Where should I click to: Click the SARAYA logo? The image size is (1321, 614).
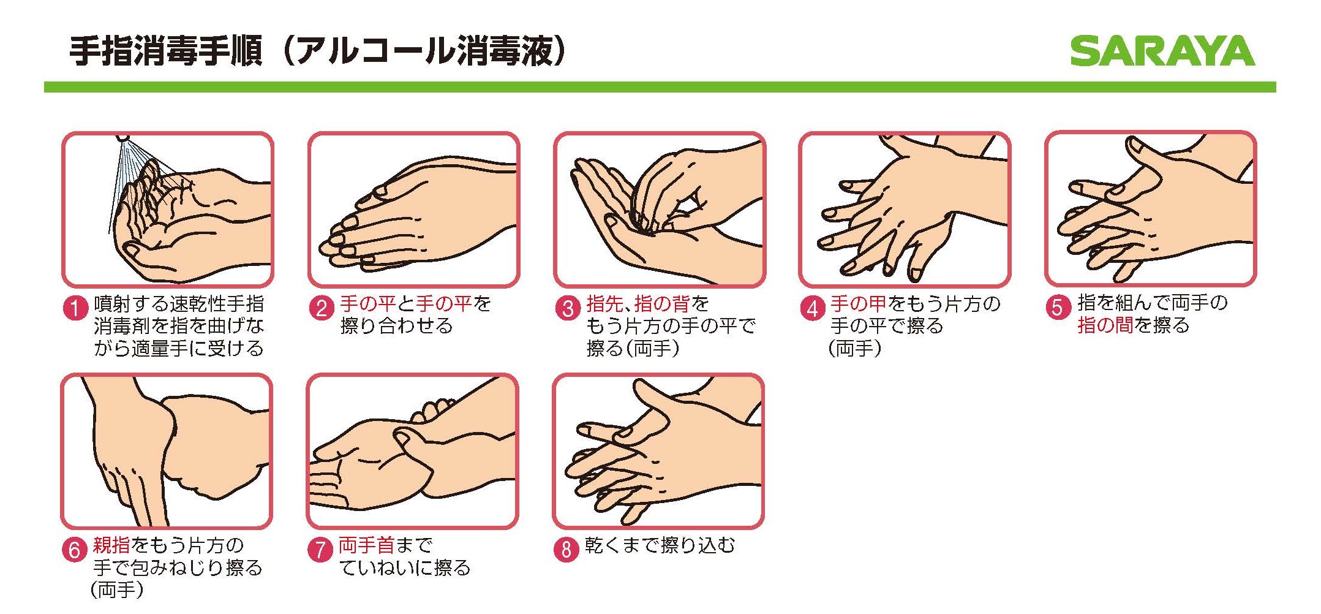[1162, 51]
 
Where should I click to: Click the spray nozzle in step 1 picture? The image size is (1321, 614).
[123, 137]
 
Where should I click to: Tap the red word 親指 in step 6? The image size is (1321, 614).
[111, 545]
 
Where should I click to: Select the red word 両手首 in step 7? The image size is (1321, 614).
[366, 545]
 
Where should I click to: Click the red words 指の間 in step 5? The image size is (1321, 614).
[1105, 325]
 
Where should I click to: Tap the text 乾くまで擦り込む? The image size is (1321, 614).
[660, 545]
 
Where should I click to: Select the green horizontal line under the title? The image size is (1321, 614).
[660, 88]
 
